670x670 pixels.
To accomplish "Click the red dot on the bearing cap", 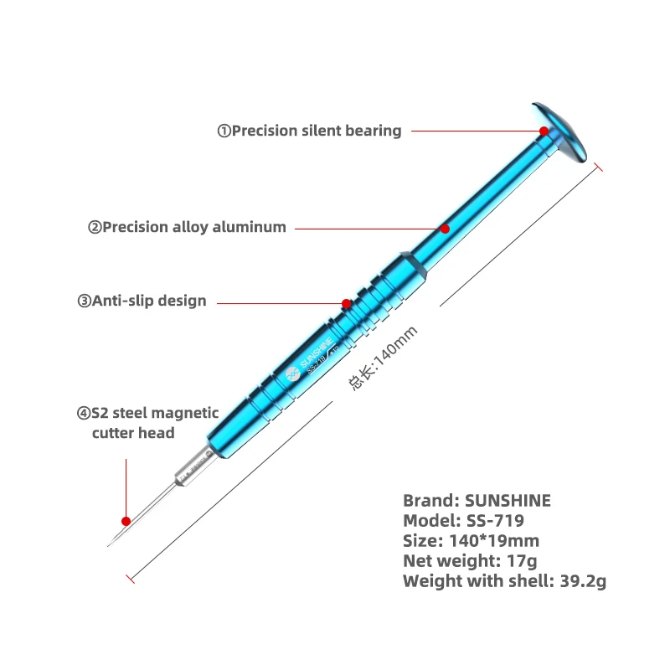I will pyautogui.click(x=544, y=131).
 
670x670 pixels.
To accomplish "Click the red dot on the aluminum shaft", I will pyautogui.click(x=445, y=228).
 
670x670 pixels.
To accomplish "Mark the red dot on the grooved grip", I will pyautogui.click(x=346, y=303).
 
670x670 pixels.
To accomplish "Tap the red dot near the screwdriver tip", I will pyautogui.click(x=126, y=520).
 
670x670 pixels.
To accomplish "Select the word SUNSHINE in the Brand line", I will pyautogui.click(x=508, y=501).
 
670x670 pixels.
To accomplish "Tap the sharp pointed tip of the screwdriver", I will pyautogui.click(x=110, y=544).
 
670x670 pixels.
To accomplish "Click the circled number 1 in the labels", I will pyautogui.click(x=224, y=131).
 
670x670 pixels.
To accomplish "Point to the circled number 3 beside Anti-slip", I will pyautogui.click(x=84, y=301).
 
